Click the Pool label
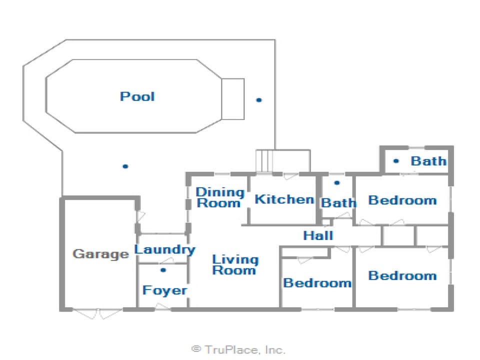(137, 96)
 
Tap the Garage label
(100, 254)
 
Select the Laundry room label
(164, 249)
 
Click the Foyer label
(164, 290)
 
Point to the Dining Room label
(219, 197)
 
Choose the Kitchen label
(284, 199)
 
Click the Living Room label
(235, 264)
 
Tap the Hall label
(318, 235)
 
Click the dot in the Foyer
(163, 270)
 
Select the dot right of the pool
(259, 100)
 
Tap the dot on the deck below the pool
(125, 166)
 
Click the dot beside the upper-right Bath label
(396, 161)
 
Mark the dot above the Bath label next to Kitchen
(337, 183)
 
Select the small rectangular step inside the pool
(232, 98)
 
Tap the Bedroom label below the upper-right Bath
(402, 200)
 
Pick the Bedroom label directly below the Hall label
(317, 283)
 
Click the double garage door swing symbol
(98, 314)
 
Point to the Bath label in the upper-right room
(428, 161)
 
